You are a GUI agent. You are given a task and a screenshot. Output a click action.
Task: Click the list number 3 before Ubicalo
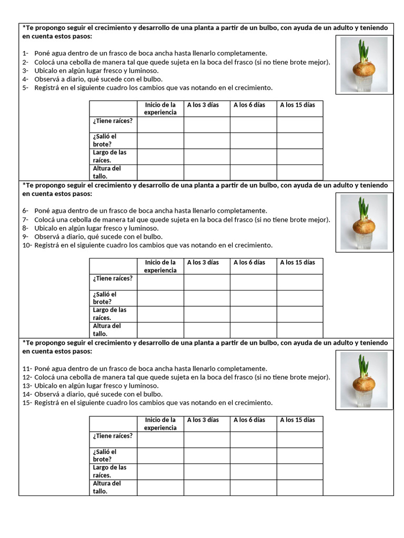click(25, 70)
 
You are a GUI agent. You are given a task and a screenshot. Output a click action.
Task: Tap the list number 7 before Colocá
click(25, 220)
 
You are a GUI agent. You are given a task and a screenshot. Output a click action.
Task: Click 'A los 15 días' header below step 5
click(298, 105)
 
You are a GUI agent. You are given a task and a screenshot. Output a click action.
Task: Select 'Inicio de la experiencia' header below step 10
click(160, 266)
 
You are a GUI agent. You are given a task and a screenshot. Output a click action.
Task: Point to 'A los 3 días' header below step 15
click(203, 420)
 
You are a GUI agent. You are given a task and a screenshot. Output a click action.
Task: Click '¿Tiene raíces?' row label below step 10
click(113, 278)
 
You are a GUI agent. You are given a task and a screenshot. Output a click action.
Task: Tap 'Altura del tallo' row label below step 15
click(107, 487)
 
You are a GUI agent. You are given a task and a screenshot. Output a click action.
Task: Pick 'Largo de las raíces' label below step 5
click(109, 156)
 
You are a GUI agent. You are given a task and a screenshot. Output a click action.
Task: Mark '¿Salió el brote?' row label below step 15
click(105, 455)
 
